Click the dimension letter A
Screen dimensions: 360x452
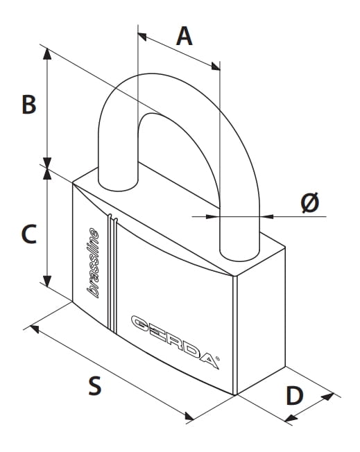click(x=184, y=36)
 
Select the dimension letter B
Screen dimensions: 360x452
click(x=29, y=104)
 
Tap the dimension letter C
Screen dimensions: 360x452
click(x=29, y=234)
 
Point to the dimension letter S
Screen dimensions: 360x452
click(x=95, y=385)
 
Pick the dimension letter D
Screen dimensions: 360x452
click(x=295, y=395)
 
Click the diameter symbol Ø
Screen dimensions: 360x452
click(x=310, y=202)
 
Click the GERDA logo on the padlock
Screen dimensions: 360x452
click(x=175, y=342)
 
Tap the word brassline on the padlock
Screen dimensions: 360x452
click(x=93, y=263)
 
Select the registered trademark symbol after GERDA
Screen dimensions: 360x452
click(x=218, y=358)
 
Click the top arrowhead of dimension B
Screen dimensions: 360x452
click(x=47, y=53)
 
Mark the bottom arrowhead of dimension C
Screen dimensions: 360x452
click(x=47, y=281)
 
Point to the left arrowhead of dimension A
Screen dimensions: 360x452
click(x=142, y=36)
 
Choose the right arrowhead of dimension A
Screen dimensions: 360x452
click(x=216, y=67)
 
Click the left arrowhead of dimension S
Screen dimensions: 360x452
click(x=34, y=329)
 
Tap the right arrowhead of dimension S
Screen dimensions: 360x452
click(x=189, y=416)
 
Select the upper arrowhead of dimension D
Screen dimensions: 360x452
click(x=327, y=397)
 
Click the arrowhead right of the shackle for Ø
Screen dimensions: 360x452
click(x=266, y=216)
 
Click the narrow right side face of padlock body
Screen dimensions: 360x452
click(x=261, y=320)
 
